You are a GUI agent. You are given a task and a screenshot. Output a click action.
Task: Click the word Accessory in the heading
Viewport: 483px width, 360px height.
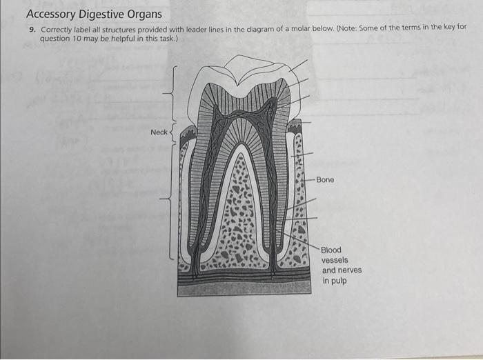click(x=52, y=14)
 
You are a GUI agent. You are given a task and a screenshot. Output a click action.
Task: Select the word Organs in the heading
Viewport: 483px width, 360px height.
click(x=146, y=14)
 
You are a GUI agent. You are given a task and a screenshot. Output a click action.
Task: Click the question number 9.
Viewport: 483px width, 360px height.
click(x=32, y=30)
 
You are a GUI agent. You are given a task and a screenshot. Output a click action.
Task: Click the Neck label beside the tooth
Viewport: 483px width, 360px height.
click(x=159, y=132)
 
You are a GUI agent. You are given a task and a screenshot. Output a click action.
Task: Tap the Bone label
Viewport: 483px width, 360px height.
click(x=325, y=180)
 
